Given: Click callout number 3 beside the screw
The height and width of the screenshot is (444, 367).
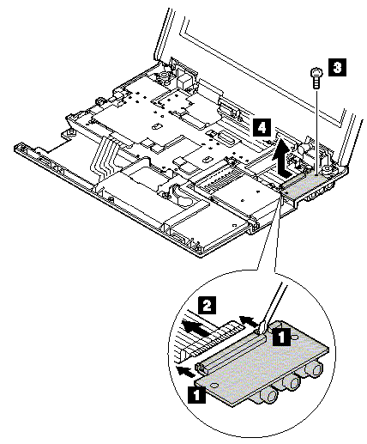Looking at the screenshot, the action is (337, 68).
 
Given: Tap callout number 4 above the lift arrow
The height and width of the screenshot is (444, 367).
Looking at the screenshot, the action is (262, 127).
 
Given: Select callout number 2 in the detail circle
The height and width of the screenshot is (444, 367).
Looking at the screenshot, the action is (207, 306).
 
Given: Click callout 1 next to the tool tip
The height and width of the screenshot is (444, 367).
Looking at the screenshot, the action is (281, 336).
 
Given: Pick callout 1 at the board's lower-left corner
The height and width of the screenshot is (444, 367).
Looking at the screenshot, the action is (196, 394).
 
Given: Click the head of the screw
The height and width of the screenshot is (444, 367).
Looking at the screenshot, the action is (316, 72).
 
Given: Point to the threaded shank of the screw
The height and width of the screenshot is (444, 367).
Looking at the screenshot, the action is (316, 82).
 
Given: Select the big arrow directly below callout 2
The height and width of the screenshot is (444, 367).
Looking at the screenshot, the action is (195, 329).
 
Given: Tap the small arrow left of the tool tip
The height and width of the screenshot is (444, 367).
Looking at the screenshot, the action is (248, 320).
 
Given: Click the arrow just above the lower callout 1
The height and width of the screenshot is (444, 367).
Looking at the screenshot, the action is (186, 371).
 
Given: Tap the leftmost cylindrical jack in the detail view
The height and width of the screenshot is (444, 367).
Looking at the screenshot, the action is (268, 397).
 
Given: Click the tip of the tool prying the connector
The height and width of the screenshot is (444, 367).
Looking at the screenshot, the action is (259, 331).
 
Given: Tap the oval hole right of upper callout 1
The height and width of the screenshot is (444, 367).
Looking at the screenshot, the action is (294, 338).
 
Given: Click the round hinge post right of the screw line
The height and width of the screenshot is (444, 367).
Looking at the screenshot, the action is (326, 171).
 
